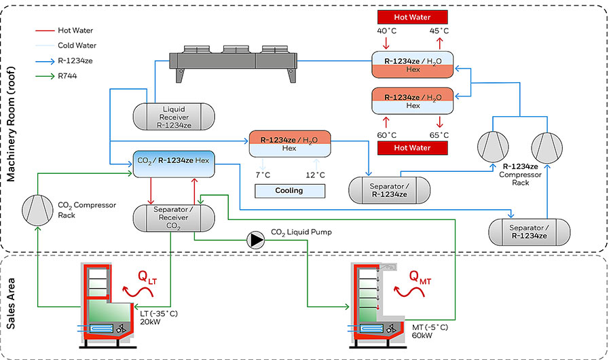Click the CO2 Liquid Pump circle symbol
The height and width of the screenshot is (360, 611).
point(257,239)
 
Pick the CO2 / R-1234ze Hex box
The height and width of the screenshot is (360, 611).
point(174,163)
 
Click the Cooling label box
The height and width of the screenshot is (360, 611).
point(289,191)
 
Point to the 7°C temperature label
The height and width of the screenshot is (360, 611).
point(263,175)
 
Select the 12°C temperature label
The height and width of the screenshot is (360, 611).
point(316,175)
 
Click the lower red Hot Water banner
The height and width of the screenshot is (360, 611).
point(413,148)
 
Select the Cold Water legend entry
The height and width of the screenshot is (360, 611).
point(75,45)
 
